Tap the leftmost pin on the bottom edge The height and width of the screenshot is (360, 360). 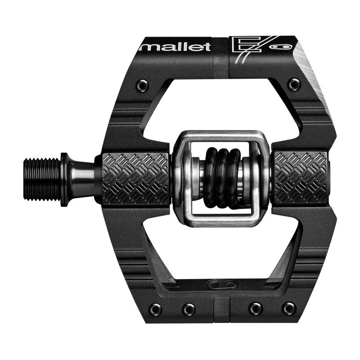coord(155,309)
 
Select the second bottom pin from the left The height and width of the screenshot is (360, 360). coord(189,309)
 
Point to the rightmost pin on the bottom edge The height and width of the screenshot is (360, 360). coord(289,309)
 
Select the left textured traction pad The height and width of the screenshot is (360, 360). coord(135,178)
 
